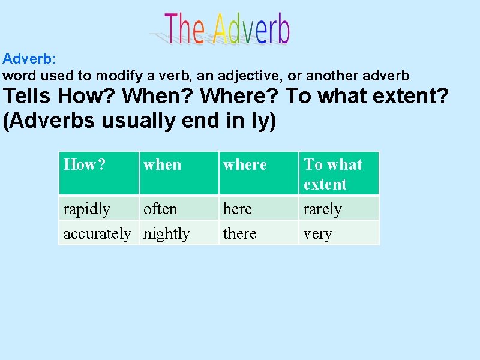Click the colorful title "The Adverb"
[x=227, y=29]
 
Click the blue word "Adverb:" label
[x=29, y=59]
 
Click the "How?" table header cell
[x=85, y=164]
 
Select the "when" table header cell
[x=162, y=164]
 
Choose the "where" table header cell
[x=245, y=164]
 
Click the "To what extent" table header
[x=333, y=174]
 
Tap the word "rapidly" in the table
[x=87, y=209]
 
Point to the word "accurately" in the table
[x=97, y=233]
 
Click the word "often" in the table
[x=160, y=209]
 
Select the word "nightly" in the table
[x=166, y=233]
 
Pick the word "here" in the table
[x=237, y=209]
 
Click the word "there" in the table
[x=239, y=233]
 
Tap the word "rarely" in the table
[x=322, y=209]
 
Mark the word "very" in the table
[x=317, y=234]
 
